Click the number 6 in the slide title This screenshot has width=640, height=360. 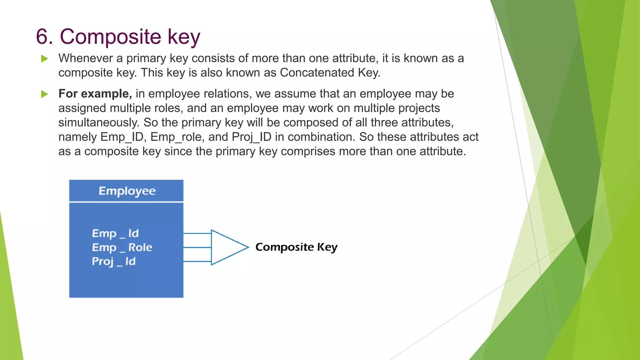(42, 37)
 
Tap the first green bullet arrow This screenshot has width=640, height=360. (45, 59)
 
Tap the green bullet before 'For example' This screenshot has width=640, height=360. (45, 94)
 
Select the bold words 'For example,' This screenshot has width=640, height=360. (95, 94)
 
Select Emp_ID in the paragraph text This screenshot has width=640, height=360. (122, 137)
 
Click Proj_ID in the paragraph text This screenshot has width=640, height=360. (252, 137)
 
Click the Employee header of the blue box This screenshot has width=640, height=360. (127, 191)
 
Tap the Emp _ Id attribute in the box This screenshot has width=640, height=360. (115, 233)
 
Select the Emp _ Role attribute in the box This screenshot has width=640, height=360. (122, 247)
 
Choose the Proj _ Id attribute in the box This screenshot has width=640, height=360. (113, 262)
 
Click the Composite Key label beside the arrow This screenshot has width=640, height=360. (296, 247)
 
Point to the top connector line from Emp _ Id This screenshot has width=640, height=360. (197, 233)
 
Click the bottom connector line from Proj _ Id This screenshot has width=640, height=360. (197, 261)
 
